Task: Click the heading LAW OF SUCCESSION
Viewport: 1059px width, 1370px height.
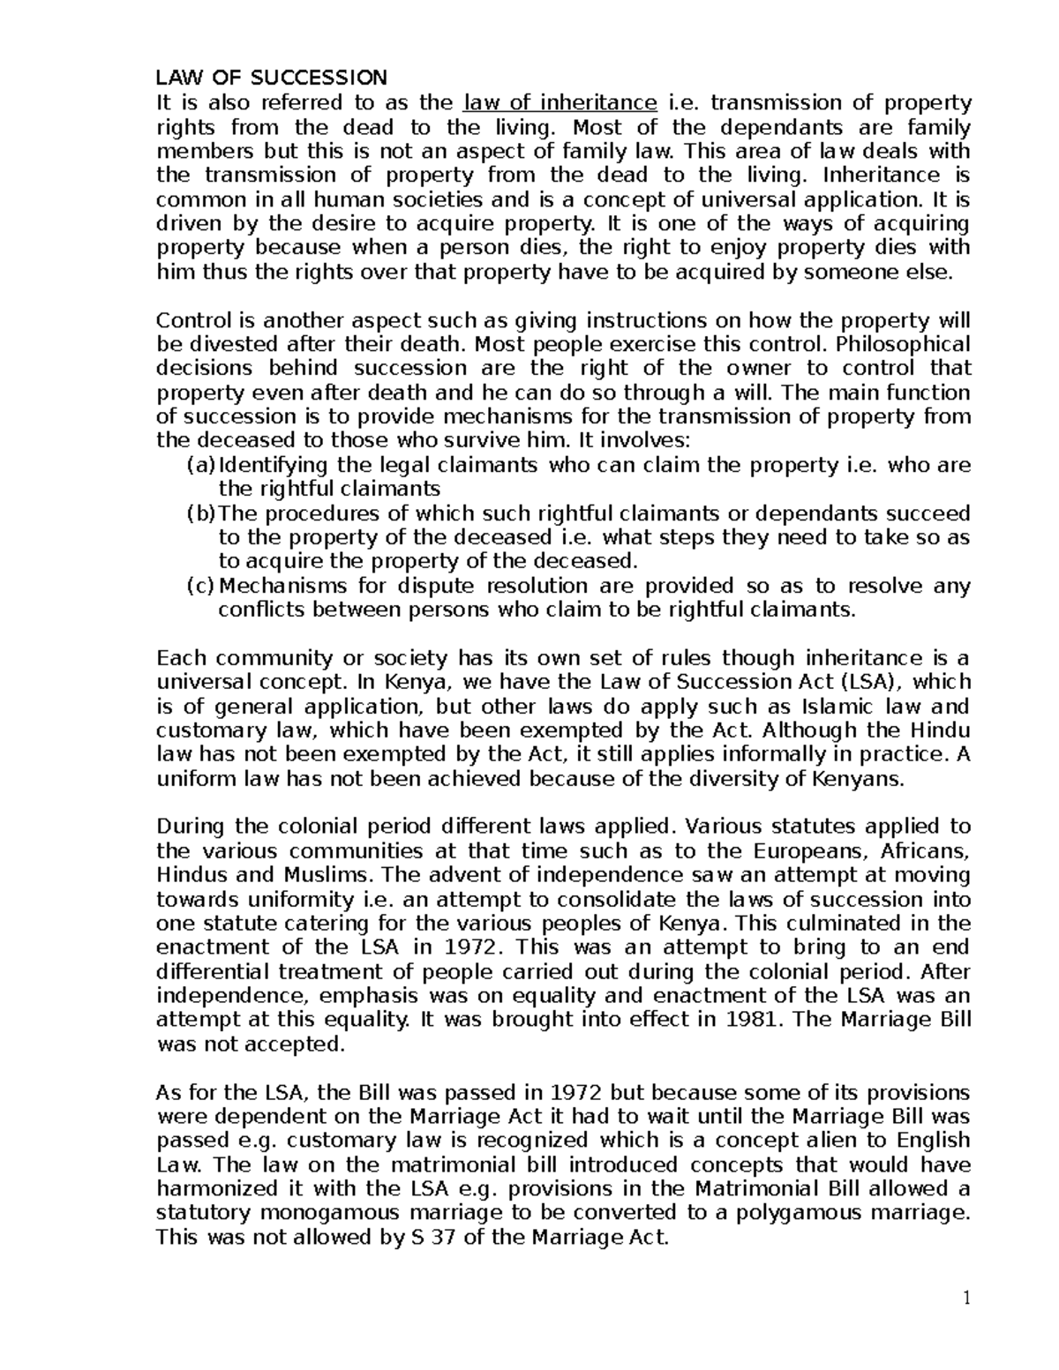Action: point(271,78)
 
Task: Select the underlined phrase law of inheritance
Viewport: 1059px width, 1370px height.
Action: point(561,102)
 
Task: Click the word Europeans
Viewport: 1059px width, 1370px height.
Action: point(807,851)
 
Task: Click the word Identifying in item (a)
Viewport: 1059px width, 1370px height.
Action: point(269,465)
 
